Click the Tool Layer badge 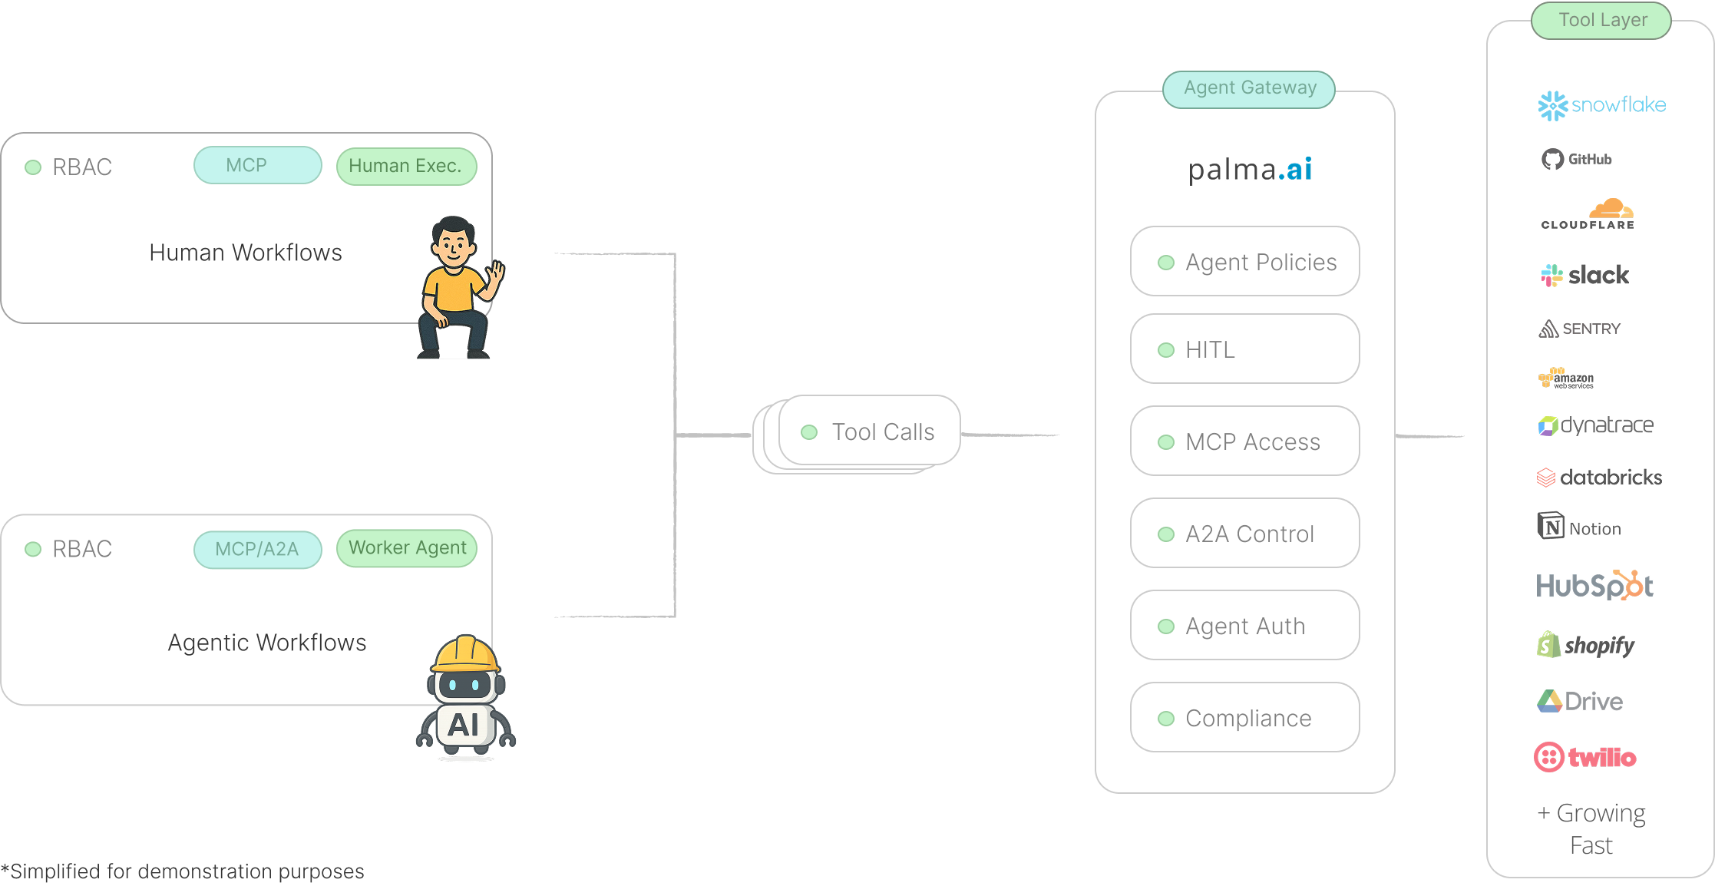click(1601, 21)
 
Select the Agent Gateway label click(1249, 89)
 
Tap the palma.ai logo click(1250, 170)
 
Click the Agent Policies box click(1244, 262)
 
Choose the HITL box click(1244, 349)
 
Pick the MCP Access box click(1244, 441)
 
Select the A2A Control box click(1244, 534)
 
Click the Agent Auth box click(1244, 626)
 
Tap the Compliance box click(1244, 718)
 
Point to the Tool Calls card click(870, 431)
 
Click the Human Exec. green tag click(406, 167)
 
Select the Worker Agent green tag click(407, 548)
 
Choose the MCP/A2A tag click(257, 550)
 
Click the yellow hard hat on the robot click(465, 655)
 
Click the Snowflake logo click(1602, 105)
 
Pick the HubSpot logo click(1594, 586)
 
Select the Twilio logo click(1585, 758)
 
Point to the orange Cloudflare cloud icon click(1611, 209)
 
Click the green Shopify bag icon click(1549, 645)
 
